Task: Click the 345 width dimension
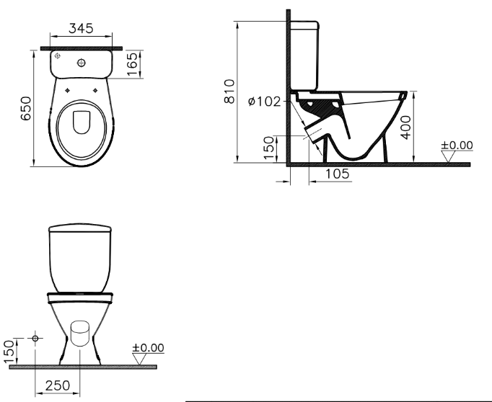coord(81,28)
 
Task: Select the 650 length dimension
coord(26,108)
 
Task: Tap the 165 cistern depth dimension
coord(132,64)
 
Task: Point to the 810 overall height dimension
coord(229,91)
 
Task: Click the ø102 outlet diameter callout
coord(264,101)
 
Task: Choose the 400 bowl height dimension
coord(405,128)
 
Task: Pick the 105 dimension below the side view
coord(337,174)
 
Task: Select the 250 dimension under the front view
coord(58,385)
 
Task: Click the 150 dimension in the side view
coord(269,148)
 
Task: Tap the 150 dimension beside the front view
coord(9,352)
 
